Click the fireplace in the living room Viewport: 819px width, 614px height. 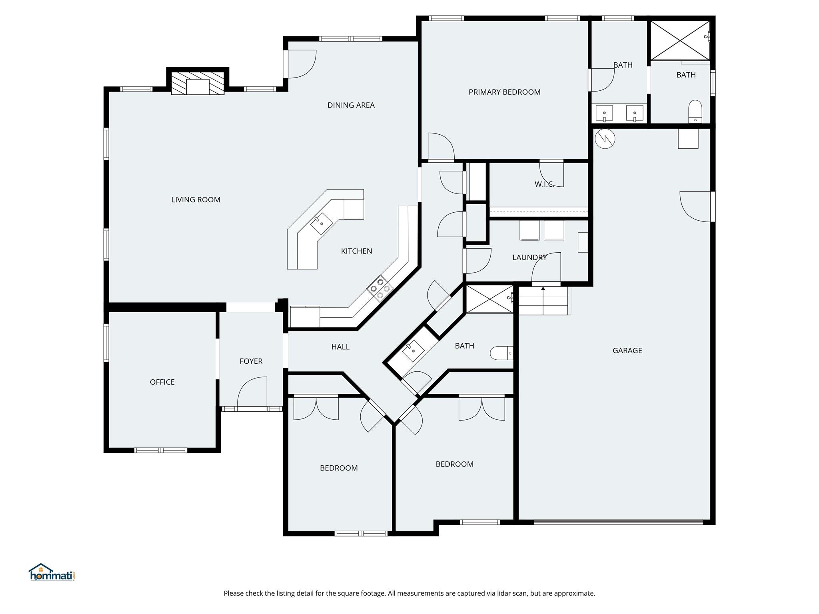(198, 83)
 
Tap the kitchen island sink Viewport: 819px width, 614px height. (322, 223)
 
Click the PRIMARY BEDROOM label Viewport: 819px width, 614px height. (504, 92)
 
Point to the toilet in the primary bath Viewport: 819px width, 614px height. (695, 112)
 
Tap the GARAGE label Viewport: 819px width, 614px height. (627, 351)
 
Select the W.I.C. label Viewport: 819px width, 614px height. (544, 184)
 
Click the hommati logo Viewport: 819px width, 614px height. (52, 572)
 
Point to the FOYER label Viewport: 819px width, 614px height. (251, 361)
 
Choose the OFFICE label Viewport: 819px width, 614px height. (162, 382)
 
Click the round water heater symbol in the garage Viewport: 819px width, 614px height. (605, 139)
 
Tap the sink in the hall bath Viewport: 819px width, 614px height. (413, 351)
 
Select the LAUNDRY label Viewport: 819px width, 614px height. (529, 257)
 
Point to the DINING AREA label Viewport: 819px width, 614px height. (351, 105)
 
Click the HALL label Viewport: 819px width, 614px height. (340, 347)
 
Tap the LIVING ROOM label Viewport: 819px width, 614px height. (196, 200)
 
